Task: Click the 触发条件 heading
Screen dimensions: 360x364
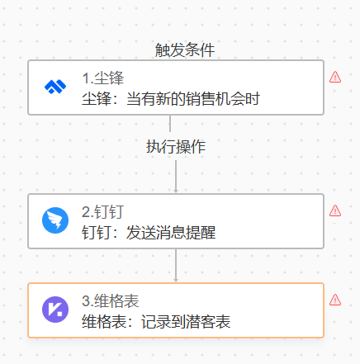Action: (x=185, y=50)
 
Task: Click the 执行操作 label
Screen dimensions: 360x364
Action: (x=176, y=146)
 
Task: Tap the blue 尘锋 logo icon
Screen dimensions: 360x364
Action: (x=55, y=87)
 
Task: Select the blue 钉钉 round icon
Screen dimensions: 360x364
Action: (x=55, y=220)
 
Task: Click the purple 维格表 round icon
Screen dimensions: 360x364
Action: (x=55, y=310)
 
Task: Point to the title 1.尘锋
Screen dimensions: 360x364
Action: (x=103, y=78)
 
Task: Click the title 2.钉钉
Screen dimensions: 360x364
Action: (x=102, y=212)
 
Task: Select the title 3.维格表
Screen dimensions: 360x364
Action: (x=111, y=301)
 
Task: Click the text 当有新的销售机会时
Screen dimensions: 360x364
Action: (x=193, y=99)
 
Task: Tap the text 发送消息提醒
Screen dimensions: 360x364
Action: (x=171, y=233)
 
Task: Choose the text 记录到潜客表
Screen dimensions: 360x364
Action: (x=186, y=322)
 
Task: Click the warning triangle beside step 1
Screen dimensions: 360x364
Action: (x=335, y=77)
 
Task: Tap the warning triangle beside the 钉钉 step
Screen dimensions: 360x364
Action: (x=335, y=210)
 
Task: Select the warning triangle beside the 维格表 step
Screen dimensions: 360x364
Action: (x=335, y=300)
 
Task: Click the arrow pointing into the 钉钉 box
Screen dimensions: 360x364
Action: (x=176, y=177)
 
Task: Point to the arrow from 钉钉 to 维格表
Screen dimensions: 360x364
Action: (x=176, y=266)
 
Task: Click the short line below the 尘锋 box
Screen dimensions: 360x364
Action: (x=170, y=123)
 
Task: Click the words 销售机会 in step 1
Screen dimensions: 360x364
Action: (x=216, y=99)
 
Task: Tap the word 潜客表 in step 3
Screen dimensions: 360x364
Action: (x=208, y=322)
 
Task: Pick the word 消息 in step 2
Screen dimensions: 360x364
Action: (x=171, y=233)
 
